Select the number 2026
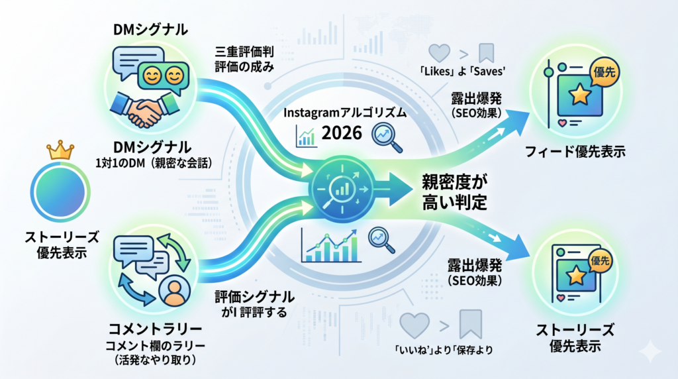[342, 133]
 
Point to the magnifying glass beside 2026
[385, 134]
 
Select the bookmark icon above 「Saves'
[487, 52]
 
